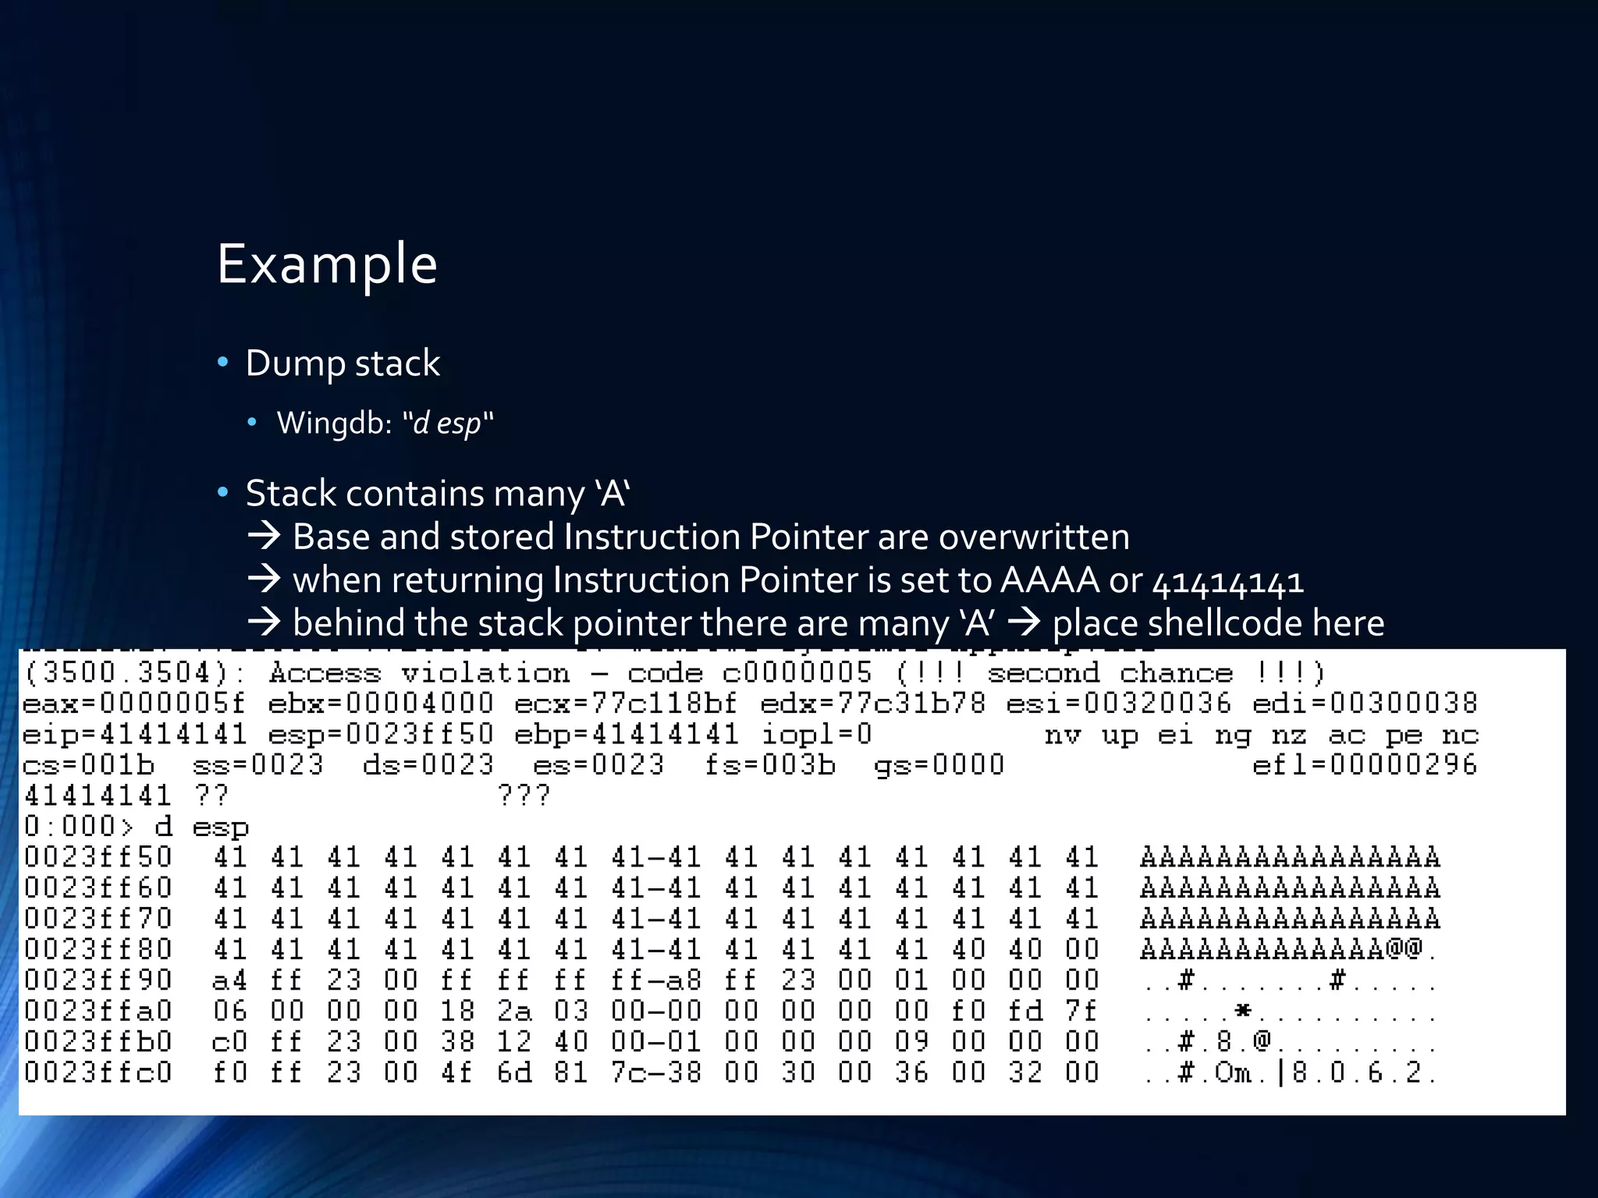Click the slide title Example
pos(326,264)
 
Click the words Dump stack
pos(343,363)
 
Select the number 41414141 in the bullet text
pos(1227,582)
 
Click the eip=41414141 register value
pos(134,735)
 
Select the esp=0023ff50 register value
pos(381,735)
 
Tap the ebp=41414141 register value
pos(626,735)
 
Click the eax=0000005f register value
pos(134,704)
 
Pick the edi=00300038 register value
pos(1365,704)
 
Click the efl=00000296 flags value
pos(1365,765)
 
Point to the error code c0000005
pos(797,673)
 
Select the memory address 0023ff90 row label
pos(98,980)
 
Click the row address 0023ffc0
pos(98,1072)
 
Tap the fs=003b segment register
pos(769,765)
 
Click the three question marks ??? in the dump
pos(524,796)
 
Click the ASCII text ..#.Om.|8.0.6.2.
pos(1289,1072)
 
